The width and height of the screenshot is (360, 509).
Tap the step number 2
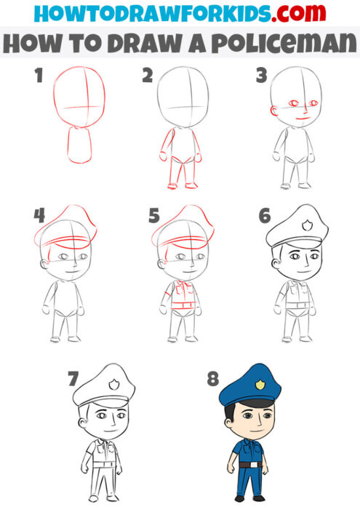tap(148, 76)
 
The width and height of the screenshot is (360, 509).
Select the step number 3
tap(260, 76)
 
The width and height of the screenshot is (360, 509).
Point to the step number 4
tap(39, 215)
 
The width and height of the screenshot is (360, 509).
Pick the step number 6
tap(265, 216)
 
